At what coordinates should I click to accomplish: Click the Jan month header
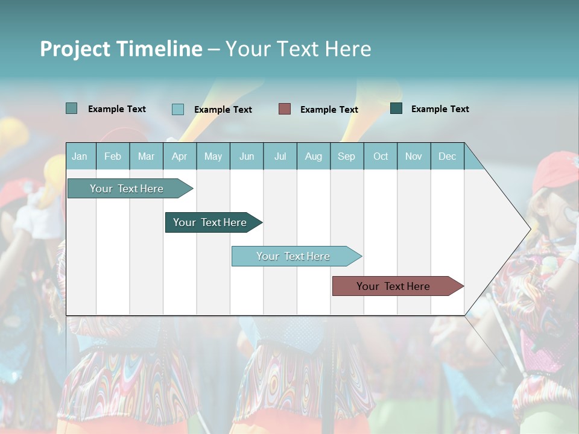click(80, 156)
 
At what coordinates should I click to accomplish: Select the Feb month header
click(113, 156)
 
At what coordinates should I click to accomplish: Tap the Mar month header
click(146, 156)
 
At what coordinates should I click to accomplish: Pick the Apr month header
click(180, 156)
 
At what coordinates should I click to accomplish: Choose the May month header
click(213, 156)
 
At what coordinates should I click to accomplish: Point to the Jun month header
click(247, 156)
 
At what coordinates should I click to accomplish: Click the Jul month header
click(280, 156)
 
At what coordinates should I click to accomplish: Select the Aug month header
click(314, 156)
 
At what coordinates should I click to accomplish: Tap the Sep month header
click(347, 156)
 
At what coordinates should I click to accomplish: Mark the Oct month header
click(381, 156)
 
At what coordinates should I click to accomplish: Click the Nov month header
click(414, 156)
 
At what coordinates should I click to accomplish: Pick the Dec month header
click(448, 156)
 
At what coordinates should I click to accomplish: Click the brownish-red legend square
click(285, 108)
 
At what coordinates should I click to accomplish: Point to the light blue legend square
click(178, 109)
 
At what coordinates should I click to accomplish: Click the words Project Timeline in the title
click(121, 49)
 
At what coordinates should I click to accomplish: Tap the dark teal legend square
click(396, 108)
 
